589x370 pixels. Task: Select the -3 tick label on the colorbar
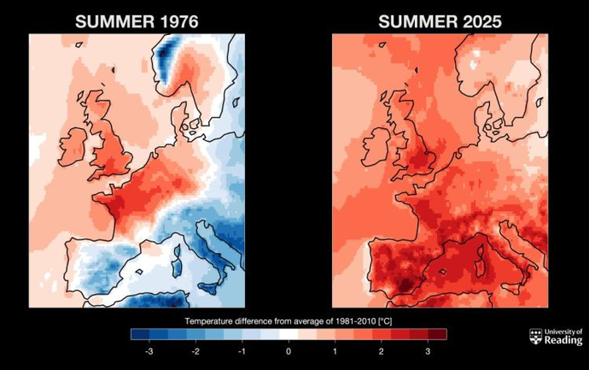coord(149,351)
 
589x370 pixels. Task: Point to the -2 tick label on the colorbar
coord(195,351)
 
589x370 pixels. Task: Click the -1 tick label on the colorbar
coord(242,351)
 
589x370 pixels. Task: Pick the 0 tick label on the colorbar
coord(289,351)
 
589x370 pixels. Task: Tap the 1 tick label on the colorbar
coord(335,351)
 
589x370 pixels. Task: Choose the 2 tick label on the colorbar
coord(382,351)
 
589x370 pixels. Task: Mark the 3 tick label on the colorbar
coord(428,351)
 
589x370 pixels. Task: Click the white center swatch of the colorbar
coord(289,334)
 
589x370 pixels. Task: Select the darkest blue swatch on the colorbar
coord(140,334)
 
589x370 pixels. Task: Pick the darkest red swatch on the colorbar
coord(437,334)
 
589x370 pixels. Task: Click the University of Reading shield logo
coord(536,336)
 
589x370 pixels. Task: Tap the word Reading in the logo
coord(563,340)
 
